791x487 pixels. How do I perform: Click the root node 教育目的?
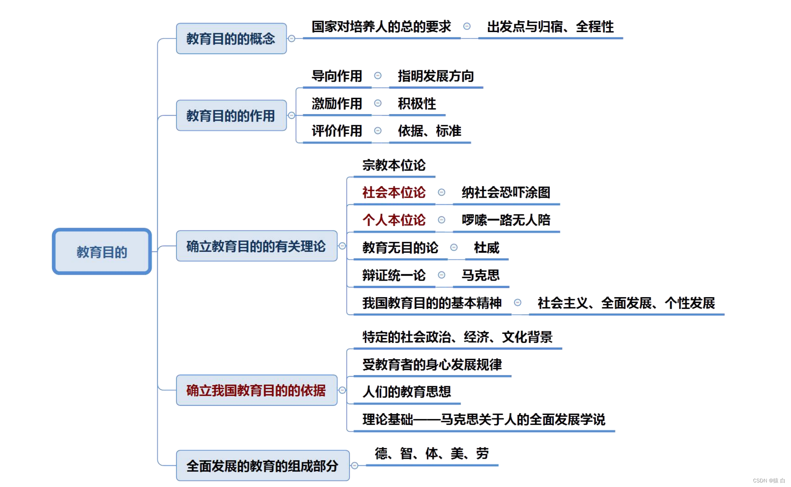(102, 251)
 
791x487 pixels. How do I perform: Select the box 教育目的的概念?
(231, 39)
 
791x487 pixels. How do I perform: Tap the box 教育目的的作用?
(231, 116)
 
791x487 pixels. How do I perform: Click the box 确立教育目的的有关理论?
(256, 246)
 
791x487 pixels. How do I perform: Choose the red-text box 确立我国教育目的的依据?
(256, 390)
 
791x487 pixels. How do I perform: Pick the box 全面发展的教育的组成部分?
(262, 466)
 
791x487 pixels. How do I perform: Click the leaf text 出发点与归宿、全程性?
(550, 27)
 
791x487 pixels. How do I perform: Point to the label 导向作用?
(337, 76)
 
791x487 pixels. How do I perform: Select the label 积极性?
(417, 104)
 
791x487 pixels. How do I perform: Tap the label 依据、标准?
(429, 131)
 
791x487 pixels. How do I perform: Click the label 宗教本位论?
(394, 165)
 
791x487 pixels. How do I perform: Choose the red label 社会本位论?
(394, 193)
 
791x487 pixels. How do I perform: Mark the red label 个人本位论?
(394, 220)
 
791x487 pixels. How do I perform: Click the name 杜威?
(486, 248)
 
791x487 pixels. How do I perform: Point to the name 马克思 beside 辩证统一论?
(481, 276)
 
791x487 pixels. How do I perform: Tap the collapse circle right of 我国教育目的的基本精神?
(518, 303)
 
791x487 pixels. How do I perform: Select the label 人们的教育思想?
(407, 392)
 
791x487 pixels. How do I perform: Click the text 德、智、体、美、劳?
(431, 453)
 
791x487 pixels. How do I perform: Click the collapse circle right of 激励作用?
(378, 103)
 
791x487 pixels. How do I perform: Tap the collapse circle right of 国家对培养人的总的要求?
(467, 26)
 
